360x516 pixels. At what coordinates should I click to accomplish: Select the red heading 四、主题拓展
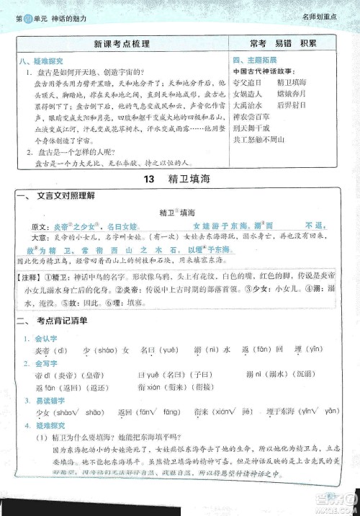(x=253, y=61)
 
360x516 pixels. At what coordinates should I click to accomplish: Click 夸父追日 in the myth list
(x=248, y=84)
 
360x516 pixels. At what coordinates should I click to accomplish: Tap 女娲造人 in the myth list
(x=248, y=94)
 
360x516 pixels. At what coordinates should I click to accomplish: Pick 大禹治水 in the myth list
(x=248, y=105)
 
